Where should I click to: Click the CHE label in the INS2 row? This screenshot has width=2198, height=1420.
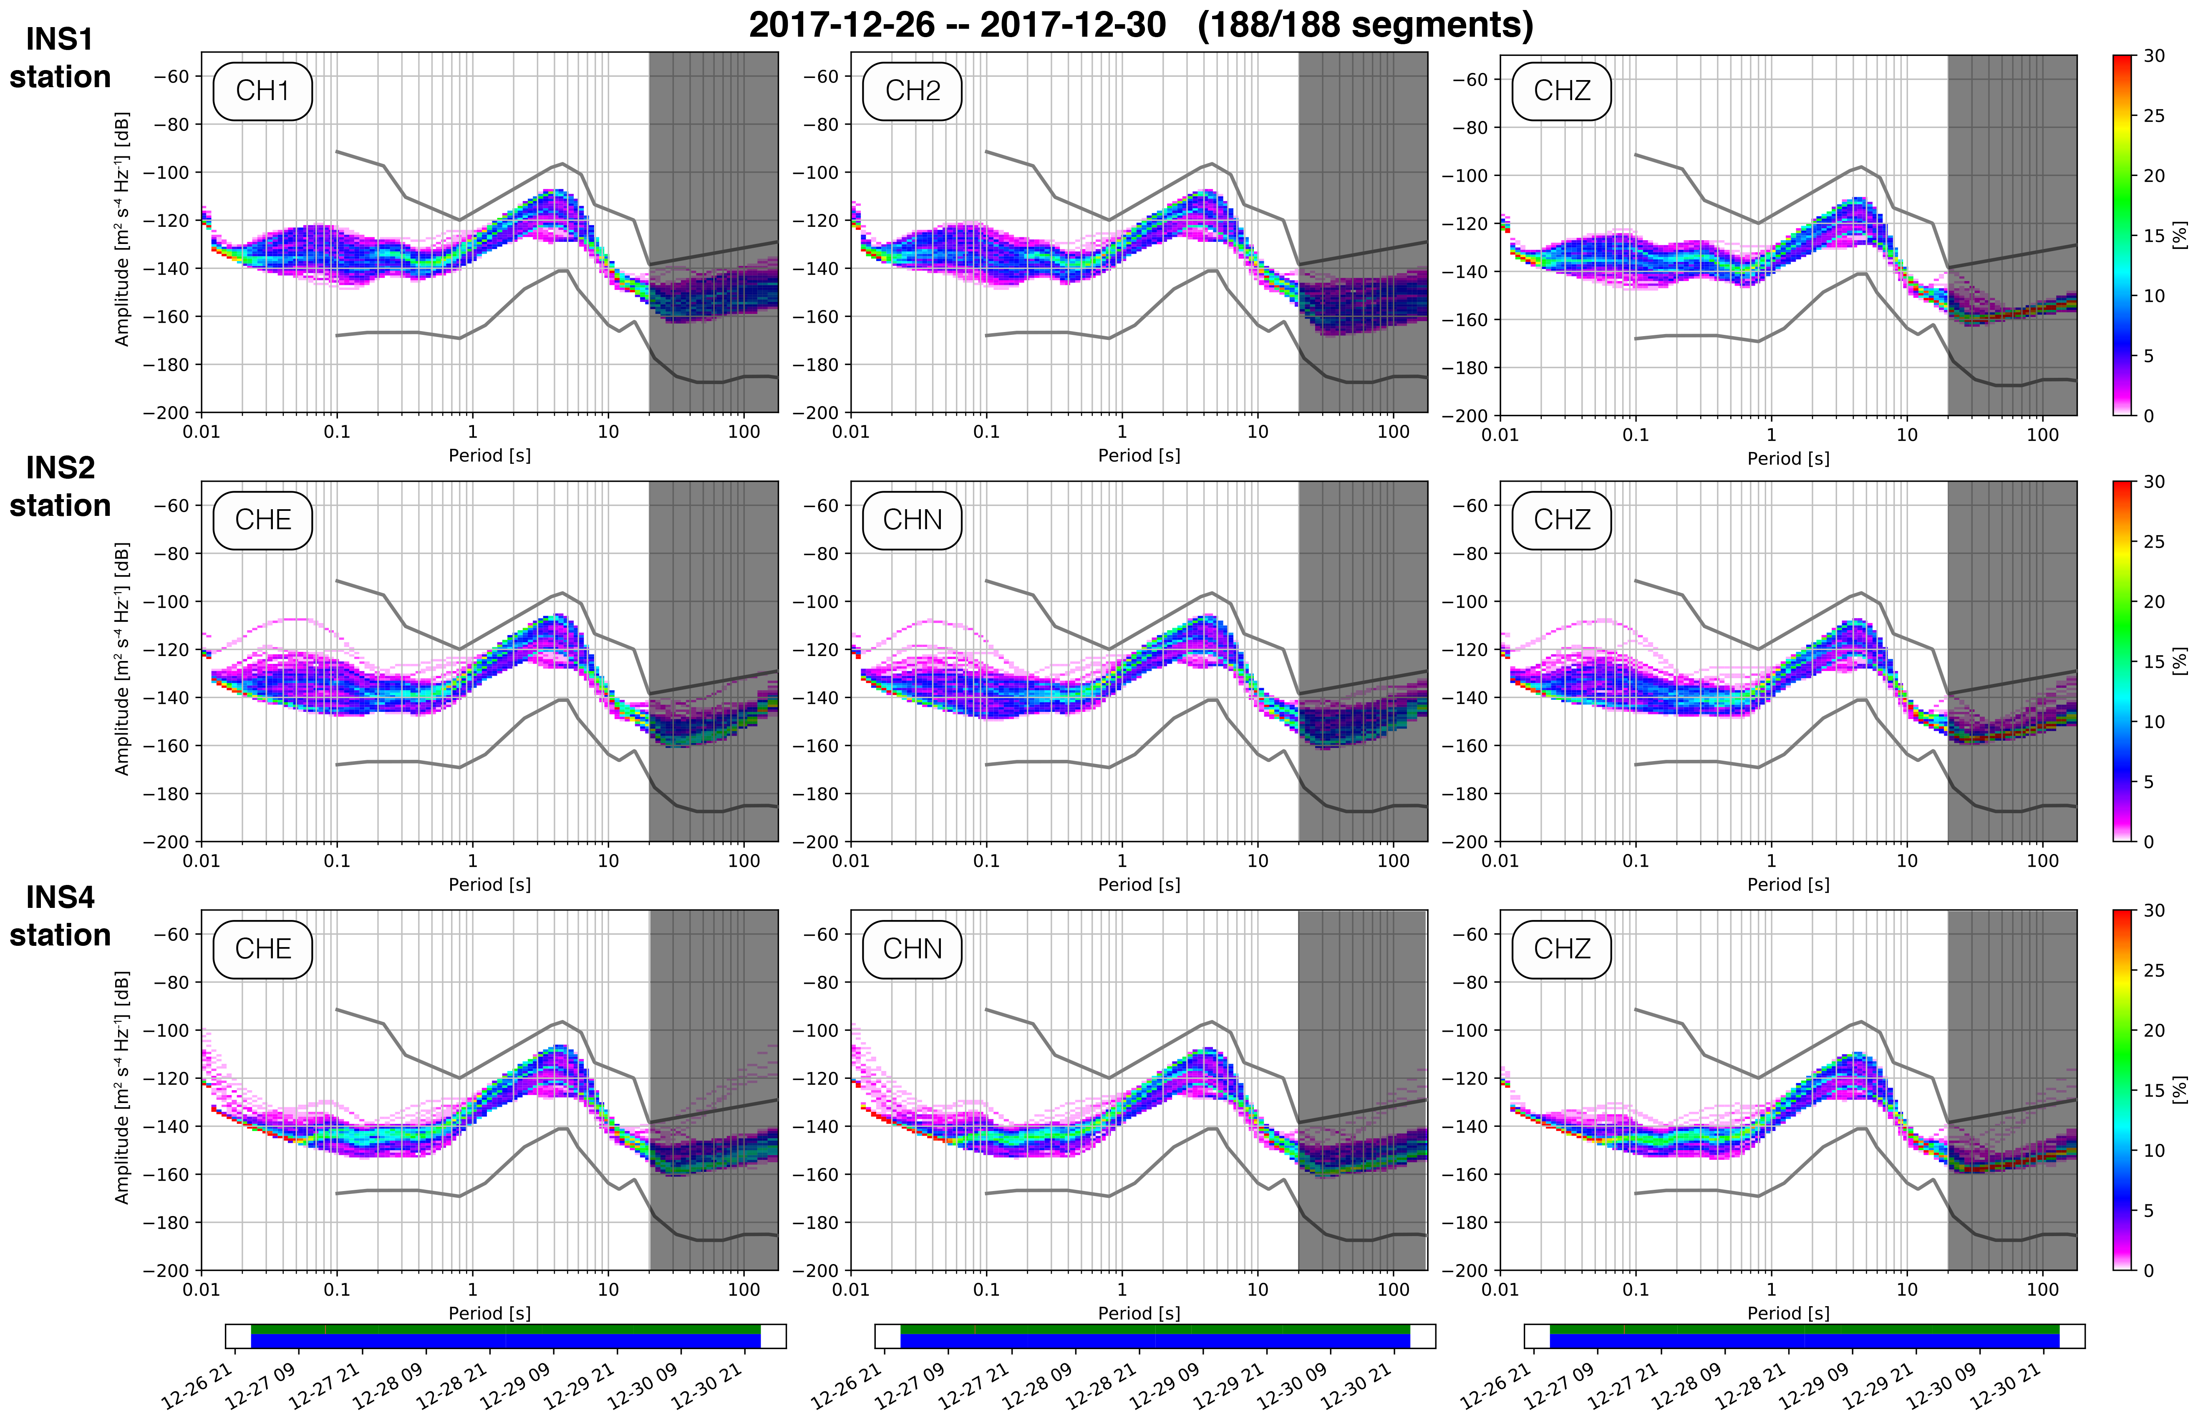click(x=263, y=520)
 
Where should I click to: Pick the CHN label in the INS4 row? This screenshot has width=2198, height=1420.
click(x=912, y=949)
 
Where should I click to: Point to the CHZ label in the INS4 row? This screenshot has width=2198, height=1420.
click(x=1562, y=949)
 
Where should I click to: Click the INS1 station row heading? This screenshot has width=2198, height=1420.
click(x=60, y=58)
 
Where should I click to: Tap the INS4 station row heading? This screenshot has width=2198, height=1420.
click(x=60, y=916)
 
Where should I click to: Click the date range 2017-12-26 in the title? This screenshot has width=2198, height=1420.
click(x=841, y=25)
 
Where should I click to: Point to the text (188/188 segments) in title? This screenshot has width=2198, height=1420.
click(x=1365, y=25)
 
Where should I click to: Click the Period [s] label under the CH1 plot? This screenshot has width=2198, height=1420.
click(x=490, y=455)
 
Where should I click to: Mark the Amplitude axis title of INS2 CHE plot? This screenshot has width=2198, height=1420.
click(x=122, y=658)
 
